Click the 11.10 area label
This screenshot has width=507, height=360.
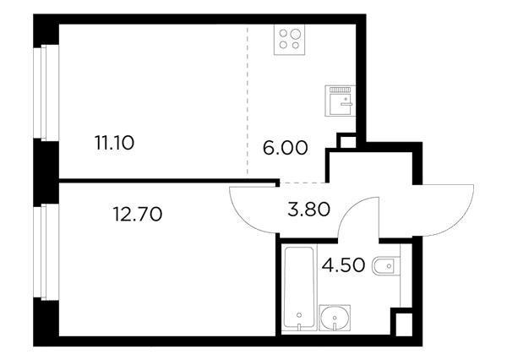tap(114, 143)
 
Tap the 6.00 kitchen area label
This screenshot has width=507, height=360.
tap(286, 148)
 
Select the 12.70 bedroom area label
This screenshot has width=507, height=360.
tap(138, 214)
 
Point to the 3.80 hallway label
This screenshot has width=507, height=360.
tap(308, 209)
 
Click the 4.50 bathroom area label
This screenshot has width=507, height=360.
tap(343, 265)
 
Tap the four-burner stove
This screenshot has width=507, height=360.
tap(289, 40)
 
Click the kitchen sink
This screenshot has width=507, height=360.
tap(341, 101)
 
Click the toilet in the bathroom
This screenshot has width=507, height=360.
tap(386, 266)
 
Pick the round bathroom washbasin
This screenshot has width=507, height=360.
tap(335, 318)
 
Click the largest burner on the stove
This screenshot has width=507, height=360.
tap(296, 34)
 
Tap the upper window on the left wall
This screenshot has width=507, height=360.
tap(46, 93)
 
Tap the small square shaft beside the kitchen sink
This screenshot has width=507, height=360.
tap(346, 142)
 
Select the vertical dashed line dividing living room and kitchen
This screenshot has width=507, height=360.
tap(248, 101)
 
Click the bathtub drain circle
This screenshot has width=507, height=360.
tap(299, 314)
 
